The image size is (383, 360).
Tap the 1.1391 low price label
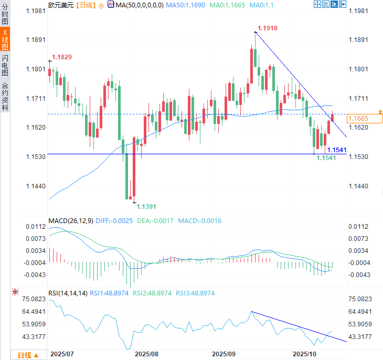pyautogui.click(x=146, y=207)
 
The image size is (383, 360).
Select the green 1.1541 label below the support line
pyautogui.click(x=327, y=158)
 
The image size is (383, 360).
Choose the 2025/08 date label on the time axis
pyautogui.click(x=146, y=354)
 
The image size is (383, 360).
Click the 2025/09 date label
pyautogui.click(x=224, y=354)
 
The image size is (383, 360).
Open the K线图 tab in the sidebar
pyautogui.click(x=5, y=39)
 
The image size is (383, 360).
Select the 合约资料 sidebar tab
pyautogui.click(x=5, y=96)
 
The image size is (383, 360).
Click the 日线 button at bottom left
pyautogui.click(x=28, y=355)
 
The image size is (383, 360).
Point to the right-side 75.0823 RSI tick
pyautogui.click(x=362, y=299)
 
